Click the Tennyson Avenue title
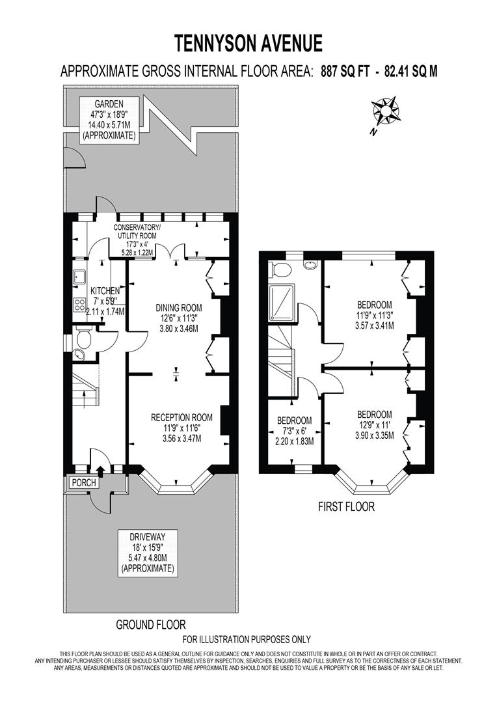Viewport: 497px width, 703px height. pyautogui.click(x=248, y=44)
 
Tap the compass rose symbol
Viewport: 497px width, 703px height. pyautogui.click(x=386, y=111)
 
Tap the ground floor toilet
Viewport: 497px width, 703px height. pyautogui.click(x=83, y=338)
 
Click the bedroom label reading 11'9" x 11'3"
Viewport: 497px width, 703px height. pyautogui.click(x=374, y=315)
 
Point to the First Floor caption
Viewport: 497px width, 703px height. pyautogui.click(x=346, y=506)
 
